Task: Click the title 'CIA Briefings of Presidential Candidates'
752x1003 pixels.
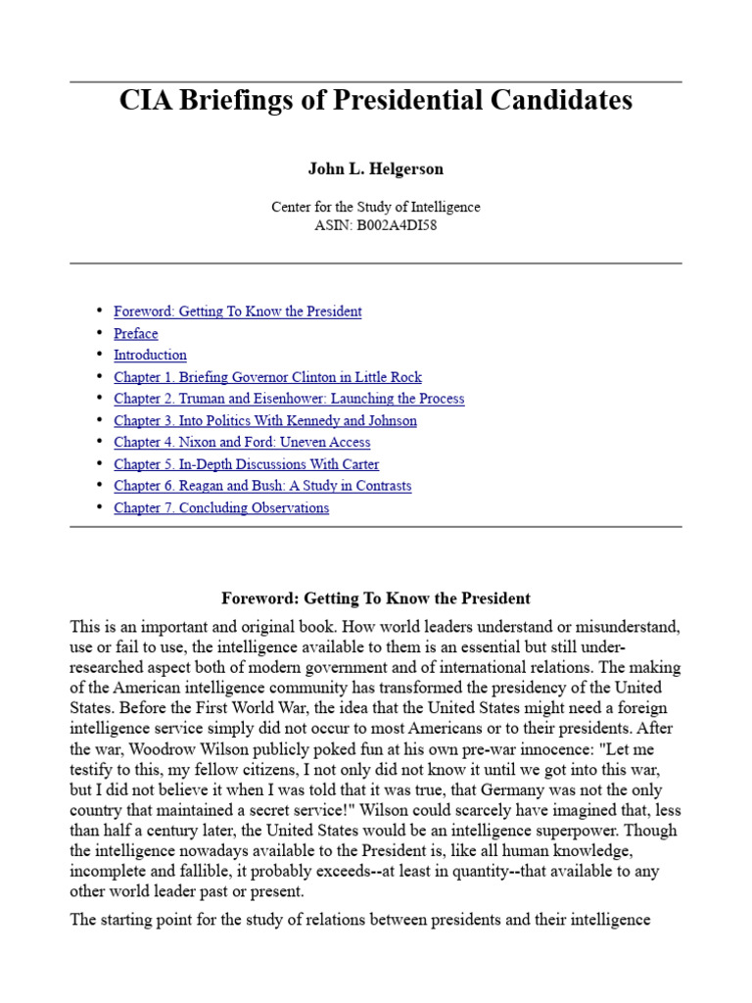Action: [375, 100]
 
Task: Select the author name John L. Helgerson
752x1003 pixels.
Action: [375, 168]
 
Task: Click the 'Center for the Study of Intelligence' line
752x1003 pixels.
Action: [375, 207]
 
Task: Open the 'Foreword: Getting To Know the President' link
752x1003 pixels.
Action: [238, 311]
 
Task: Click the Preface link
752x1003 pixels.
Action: [135, 333]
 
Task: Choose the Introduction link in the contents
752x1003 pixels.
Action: [150, 355]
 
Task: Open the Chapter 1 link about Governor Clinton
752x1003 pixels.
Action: [267, 377]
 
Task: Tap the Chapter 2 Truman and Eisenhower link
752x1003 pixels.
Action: [289, 399]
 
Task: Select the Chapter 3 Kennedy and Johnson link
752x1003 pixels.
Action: [265, 420]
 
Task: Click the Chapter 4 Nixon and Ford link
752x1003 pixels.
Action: [242, 443]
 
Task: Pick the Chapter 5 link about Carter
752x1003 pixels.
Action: [246, 464]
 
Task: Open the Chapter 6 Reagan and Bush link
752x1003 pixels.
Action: [262, 486]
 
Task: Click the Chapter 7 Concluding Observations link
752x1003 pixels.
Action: [221, 507]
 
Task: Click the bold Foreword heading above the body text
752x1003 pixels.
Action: [375, 598]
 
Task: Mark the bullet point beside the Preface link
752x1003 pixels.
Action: [99, 333]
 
